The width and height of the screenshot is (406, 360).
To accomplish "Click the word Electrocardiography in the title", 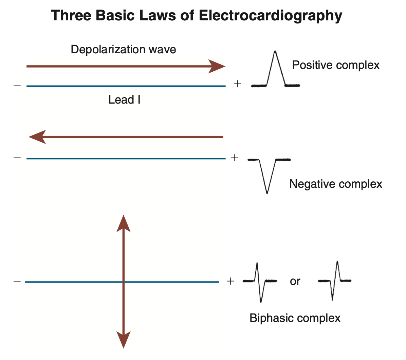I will pyautogui.click(x=271, y=16).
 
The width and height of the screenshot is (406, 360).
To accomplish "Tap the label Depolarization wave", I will pyautogui.click(x=123, y=50).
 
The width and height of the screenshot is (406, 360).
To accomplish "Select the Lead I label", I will pyautogui.click(x=124, y=100).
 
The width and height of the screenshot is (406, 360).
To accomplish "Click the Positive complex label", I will pyautogui.click(x=336, y=65).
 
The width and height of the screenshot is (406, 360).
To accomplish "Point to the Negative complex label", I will pyautogui.click(x=336, y=184).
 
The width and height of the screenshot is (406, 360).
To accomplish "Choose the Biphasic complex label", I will pyautogui.click(x=295, y=318).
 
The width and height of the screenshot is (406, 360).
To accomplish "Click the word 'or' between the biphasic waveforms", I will pyautogui.click(x=295, y=282).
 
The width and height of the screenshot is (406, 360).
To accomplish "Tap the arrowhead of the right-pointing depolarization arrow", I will pyautogui.click(x=217, y=66).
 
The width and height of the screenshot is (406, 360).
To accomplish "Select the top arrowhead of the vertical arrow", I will pyautogui.click(x=123, y=223).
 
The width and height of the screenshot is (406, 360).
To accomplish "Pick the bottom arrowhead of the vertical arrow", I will pyautogui.click(x=123, y=340).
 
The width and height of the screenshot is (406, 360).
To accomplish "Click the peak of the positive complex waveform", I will pyautogui.click(x=275, y=52).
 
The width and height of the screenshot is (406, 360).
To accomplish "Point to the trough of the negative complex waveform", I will pyautogui.click(x=267, y=193).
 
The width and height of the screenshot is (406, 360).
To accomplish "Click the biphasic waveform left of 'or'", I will pyautogui.click(x=260, y=281).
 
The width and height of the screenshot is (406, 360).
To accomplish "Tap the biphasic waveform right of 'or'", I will pyautogui.click(x=335, y=281).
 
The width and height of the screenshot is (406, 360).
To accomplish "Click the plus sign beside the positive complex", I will pyautogui.click(x=237, y=84).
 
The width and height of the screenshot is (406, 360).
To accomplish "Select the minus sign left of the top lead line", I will pyautogui.click(x=17, y=86).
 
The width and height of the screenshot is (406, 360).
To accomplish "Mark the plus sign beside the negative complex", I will pyautogui.click(x=235, y=158).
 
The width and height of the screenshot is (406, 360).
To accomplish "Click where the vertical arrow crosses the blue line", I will pyautogui.click(x=123, y=282).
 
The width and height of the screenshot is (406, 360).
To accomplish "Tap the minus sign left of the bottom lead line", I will pyautogui.click(x=17, y=282).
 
